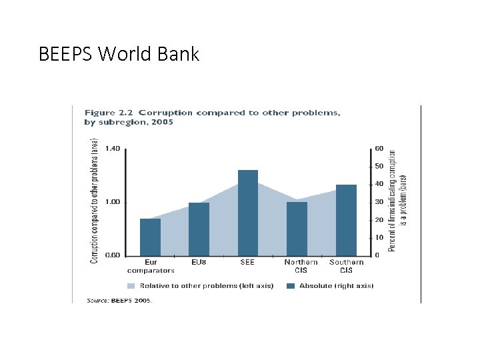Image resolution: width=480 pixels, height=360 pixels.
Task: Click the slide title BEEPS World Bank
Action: click(119, 54)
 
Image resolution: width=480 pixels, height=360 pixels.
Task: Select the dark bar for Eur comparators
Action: click(151, 237)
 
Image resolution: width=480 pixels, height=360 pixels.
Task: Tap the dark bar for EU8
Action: click(199, 229)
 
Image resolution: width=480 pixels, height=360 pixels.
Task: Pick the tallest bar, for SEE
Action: click(247, 213)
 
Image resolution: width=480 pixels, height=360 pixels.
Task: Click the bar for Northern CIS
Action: click(297, 228)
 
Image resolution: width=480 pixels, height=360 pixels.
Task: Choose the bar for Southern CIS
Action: click(346, 220)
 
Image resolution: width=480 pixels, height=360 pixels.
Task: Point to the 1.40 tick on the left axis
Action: click(113, 149)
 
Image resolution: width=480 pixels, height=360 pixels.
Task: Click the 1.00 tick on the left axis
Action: click(113, 202)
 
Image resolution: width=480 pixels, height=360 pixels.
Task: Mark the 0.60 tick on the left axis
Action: click(113, 255)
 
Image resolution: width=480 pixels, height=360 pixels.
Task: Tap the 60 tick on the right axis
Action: click(379, 149)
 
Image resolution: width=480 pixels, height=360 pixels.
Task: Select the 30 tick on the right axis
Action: click(379, 202)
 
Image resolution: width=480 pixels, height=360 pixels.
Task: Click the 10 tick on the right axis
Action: click(379, 237)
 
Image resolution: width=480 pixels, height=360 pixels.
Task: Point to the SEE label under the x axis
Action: click(247, 263)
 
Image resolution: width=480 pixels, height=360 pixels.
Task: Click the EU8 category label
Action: click(199, 263)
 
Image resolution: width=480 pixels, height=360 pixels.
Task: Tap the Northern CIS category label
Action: click(301, 267)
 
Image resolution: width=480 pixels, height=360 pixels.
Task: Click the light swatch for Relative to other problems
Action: click(131, 286)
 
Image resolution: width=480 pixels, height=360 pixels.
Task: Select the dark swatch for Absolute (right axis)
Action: click(291, 286)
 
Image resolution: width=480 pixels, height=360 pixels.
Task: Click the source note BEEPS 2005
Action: click(120, 301)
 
